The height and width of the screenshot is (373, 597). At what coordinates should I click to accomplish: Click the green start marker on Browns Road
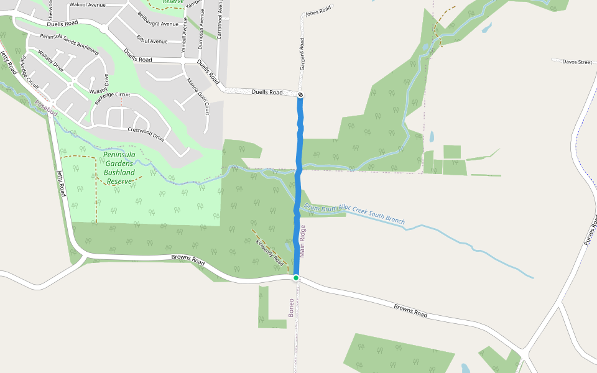click(296, 278)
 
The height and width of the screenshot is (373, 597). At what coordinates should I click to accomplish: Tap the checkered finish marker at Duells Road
click(300, 94)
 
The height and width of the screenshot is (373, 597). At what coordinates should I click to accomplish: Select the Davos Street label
click(577, 62)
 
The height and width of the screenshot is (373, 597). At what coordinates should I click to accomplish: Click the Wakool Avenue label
click(88, 4)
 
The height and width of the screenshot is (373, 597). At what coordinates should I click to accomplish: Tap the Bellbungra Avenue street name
click(157, 19)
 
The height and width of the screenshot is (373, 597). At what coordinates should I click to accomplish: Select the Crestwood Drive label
click(146, 134)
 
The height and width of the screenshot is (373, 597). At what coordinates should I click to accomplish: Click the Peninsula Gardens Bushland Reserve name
click(120, 168)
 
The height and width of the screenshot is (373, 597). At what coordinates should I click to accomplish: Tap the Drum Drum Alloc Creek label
click(354, 213)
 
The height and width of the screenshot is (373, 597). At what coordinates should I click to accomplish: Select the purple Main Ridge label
click(303, 241)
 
